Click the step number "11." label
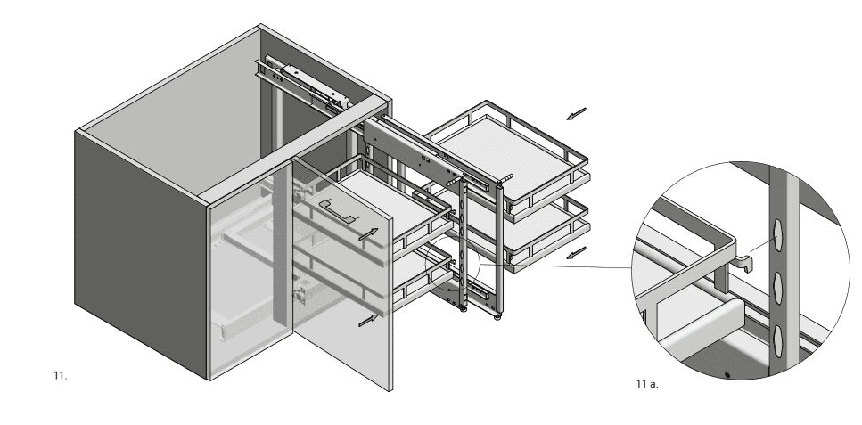[61, 376]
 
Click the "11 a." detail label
[647, 384]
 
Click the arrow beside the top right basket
[576, 114]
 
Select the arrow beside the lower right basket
[576, 253]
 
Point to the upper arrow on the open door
[368, 234]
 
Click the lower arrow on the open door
[368, 320]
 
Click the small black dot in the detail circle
[727, 375]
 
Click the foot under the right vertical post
[497, 316]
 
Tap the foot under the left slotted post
[463, 309]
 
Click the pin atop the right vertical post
[505, 178]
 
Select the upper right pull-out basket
[507, 159]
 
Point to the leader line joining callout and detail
[556, 266]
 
